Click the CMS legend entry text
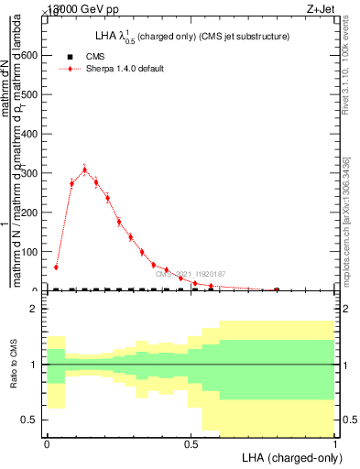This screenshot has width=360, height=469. [96, 57]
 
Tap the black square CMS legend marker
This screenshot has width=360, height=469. [71, 57]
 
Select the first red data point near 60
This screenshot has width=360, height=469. [56, 267]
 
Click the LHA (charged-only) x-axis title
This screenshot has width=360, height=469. [290, 455]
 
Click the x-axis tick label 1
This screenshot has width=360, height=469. [334, 443]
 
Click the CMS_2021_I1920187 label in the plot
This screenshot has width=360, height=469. [191, 274]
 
